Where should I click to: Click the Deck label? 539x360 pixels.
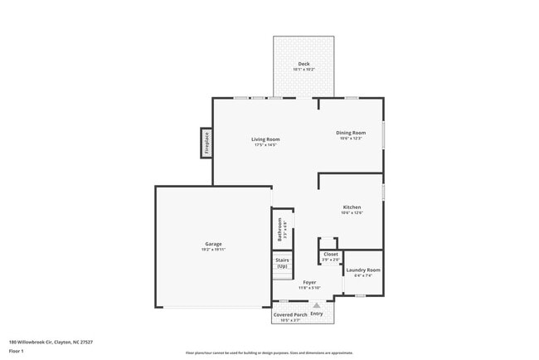pyautogui.click(x=303, y=64)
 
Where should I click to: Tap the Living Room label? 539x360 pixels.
pyautogui.click(x=265, y=139)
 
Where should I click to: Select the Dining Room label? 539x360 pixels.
pyautogui.click(x=351, y=133)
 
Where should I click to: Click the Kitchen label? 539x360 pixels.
pyautogui.click(x=352, y=207)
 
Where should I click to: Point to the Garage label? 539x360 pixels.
pyautogui.click(x=213, y=244)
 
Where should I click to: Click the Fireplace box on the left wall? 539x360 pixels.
pyautogui.click(x=206, y=143)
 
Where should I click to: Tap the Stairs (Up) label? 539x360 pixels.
pyautogui.click(x=282, y=263)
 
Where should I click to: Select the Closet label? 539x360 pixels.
pyautogui.click(x=330, y=255)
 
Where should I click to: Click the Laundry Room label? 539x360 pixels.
pyautogui.click(x=362, y=270)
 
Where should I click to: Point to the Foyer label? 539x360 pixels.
pyautogui.click(x=308, y=282)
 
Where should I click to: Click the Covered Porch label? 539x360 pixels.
pyautogui.click(x=290, y=314)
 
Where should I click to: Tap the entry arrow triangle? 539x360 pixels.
pyautogui.click(x=316, y=305)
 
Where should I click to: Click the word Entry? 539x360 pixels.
pyautogui.click(x=317, y=314)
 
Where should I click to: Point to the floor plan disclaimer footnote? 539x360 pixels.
pyautogui.click(x=269, y=352)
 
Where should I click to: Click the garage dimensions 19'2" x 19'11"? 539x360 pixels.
pyautogui.click(x=213, y=249)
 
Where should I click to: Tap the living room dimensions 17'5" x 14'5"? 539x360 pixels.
pyautogui.click(x=265, y=144)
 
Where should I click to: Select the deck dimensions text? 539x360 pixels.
pyautogui.click(x=303, y=69)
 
